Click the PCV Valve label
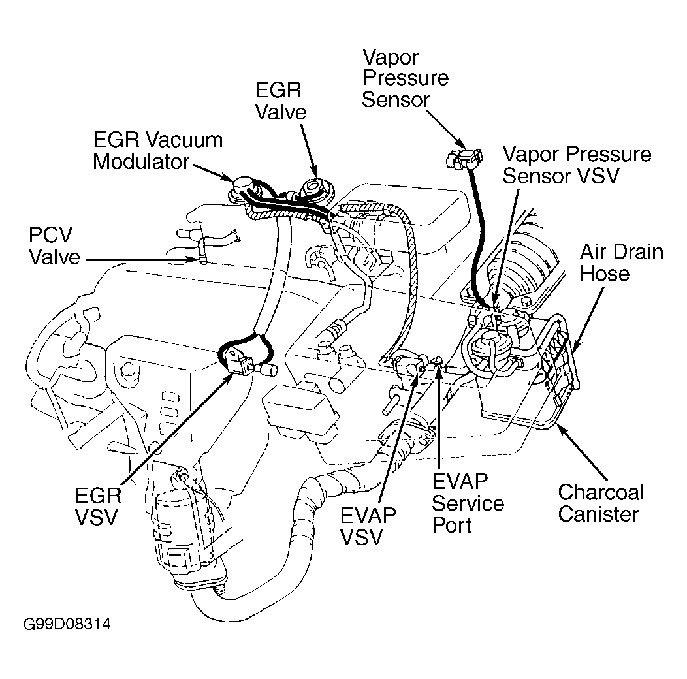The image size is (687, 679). (x=54, y=246)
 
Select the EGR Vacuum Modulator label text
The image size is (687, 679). (x=157, y=150)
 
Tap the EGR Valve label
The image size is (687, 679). (x=280, y=101)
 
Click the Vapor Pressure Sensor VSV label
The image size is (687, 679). (x=577, y=165)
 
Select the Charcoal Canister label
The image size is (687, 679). (x=601, y=503)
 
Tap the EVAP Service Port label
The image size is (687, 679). (x=468, y=503)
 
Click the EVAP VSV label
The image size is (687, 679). (x=368, y=526)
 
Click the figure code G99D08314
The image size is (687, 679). (x=67, y=624)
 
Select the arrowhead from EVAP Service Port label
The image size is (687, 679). (x=439, y=374)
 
